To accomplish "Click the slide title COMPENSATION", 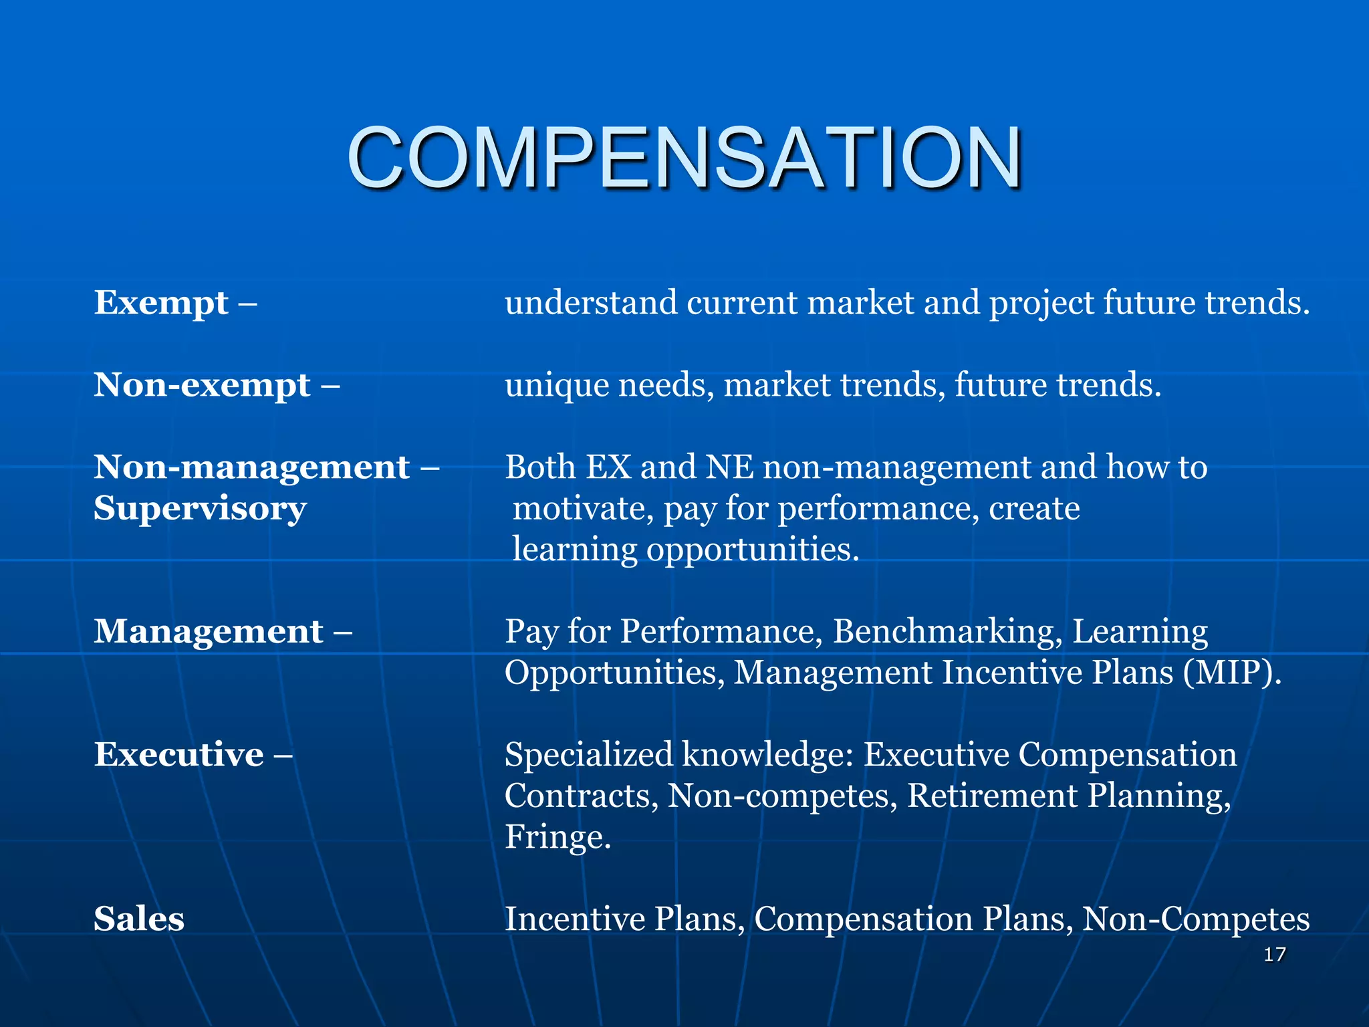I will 684,158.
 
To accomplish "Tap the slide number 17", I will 1274,954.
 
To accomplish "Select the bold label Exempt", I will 161,303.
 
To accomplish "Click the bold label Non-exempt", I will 202,385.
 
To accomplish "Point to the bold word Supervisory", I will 200,509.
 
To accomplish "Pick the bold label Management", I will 209,632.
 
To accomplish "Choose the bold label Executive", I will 178,755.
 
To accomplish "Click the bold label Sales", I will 139,919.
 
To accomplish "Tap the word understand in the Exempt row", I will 591,303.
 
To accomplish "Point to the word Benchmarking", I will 947,632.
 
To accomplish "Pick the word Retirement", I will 992,796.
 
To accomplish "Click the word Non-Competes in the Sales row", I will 1195,919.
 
